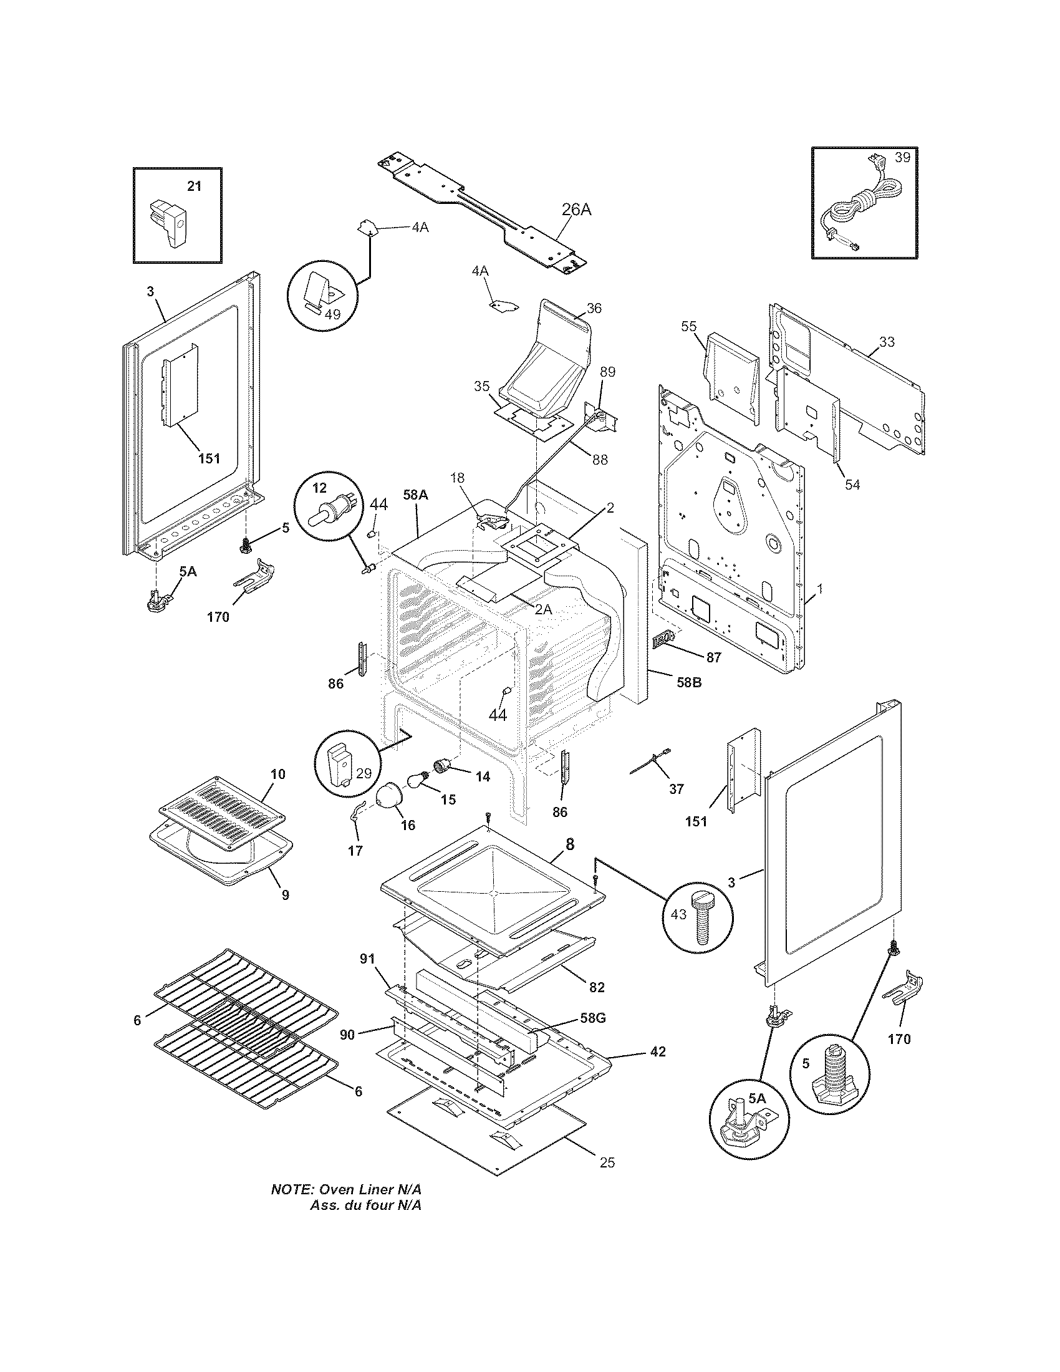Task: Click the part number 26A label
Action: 576,209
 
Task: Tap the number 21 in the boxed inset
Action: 195,186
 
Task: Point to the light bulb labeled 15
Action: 418,780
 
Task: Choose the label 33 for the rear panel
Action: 887,342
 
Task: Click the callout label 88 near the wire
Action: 600,459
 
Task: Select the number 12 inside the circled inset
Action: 320,488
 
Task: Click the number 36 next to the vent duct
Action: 594,308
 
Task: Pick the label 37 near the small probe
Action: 676,789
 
